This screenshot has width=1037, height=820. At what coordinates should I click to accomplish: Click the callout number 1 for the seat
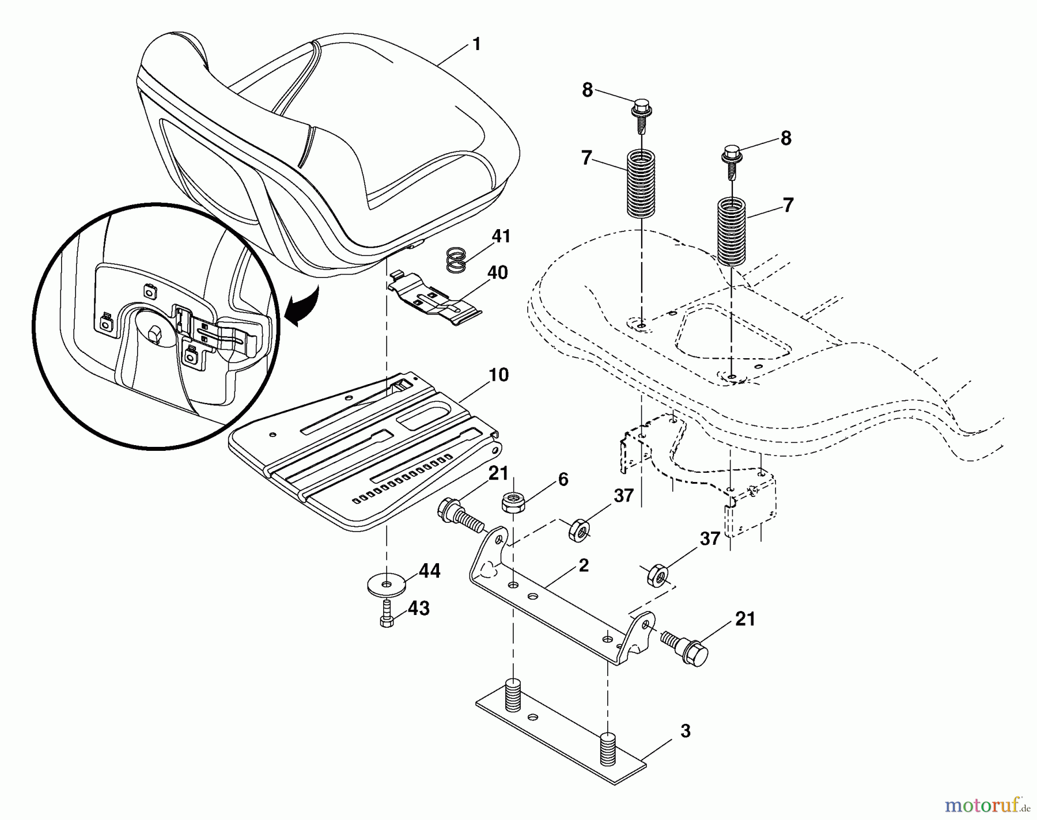(476, 45)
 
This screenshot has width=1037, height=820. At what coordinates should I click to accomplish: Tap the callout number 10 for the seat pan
(499, 375)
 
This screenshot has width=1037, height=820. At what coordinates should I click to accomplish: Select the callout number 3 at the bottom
(685, 731)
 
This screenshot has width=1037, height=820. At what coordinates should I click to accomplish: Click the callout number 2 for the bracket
(584, 565)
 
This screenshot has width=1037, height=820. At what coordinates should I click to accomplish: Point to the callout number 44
(430, 571)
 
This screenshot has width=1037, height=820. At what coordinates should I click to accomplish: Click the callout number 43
(419, 609)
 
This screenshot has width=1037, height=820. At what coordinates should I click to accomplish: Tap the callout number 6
(563, 480)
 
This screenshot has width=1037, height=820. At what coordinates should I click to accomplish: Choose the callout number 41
(501, 237)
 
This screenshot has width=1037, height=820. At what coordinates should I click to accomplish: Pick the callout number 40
(498, 272)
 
